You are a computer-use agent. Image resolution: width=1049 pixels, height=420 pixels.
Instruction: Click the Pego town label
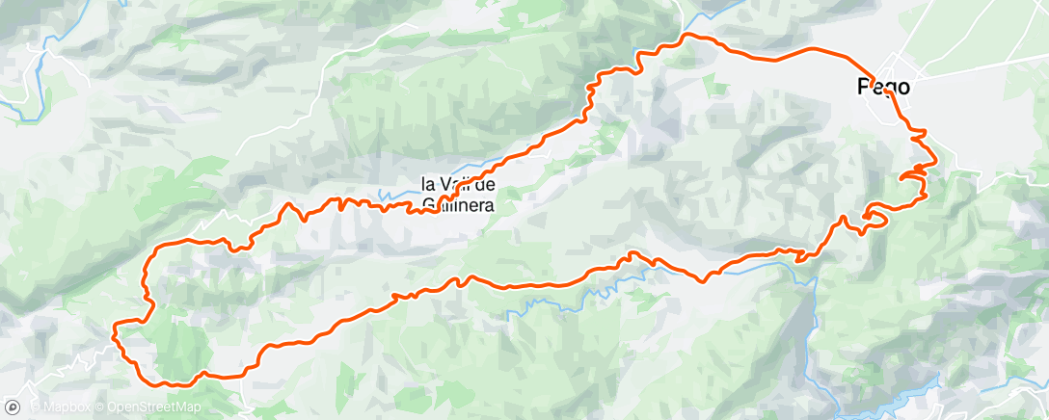[883, 86]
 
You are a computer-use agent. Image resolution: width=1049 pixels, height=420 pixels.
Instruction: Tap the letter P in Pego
[864, 86]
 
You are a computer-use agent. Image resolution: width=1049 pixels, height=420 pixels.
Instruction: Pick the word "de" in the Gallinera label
[487, 183]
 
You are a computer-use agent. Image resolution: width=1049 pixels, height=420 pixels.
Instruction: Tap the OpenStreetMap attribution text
[153, 407]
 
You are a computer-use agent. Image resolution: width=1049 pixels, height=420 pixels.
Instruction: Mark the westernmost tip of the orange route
[114, 332]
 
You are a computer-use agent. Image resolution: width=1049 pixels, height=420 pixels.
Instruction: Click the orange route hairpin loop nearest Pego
[912, 175]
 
